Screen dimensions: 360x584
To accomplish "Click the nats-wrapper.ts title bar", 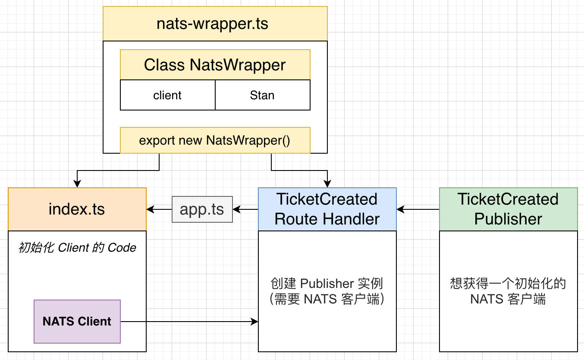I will pyautogui.click(x=215, y=24).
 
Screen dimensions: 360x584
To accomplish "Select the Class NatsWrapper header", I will pyautogui.click(x=215, y=65).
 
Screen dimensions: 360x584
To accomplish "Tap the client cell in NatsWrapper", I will pyautogui.click(x=167, y=95).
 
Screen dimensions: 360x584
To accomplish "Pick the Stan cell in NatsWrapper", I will pyautogui.click(x=262, y=95).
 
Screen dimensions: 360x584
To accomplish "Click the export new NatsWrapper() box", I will pyautogui.click(x=215, y=140).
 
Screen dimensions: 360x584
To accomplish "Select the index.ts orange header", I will pyautogui.click(x=77, y=209).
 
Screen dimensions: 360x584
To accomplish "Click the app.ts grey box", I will pyautogui.click(x=202, y=209).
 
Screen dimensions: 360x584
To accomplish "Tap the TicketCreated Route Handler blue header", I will pyautogui.click(x=327, y=209).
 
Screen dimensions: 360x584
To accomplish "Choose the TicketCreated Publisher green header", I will pyautogui.click(x=508, y=209).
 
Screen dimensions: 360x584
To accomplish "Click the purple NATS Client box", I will pyautogui.click(x=77, y=322).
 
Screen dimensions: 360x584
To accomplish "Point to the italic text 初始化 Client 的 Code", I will pyautogui.click(x=77, y=248).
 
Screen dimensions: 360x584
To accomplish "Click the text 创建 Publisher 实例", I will pyautogui.click(x=327, y=284).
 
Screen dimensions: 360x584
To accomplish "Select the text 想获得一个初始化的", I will pyautogui.click(x=508, y=284).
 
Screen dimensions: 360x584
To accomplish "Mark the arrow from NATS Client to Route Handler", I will pyautogui.click(x=190, y=322).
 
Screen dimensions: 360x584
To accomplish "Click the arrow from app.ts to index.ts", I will pyautogui.click(x=160, y=209).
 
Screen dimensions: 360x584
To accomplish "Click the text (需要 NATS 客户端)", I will pyautogui.click(x=327, y=299).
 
